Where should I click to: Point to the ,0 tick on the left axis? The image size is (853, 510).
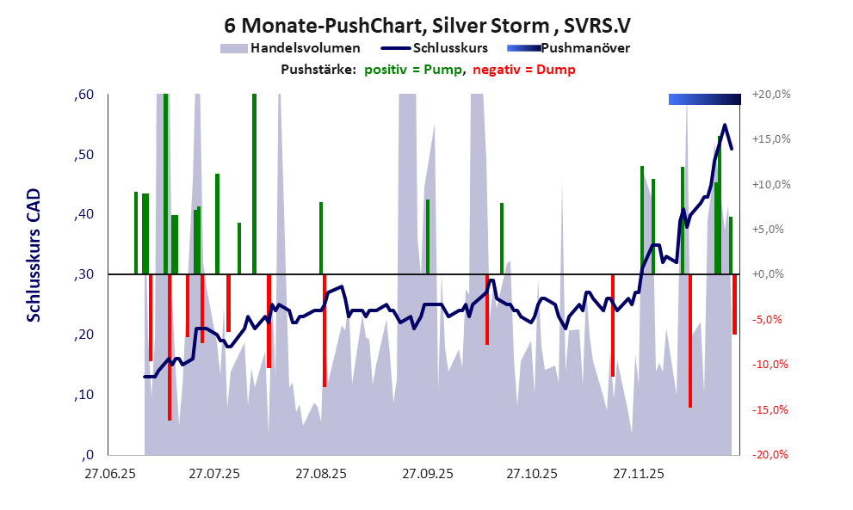click(x=88, y=455)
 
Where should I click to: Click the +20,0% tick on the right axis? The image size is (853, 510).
click(x=771, y=95)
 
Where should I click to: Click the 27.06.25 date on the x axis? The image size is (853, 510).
click(x=109, y=474)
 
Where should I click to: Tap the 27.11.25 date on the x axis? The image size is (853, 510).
click(x=637, y=474)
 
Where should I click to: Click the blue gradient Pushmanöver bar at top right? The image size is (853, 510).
click(x=704, y=99)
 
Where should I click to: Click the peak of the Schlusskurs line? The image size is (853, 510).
click(x=725, y=126)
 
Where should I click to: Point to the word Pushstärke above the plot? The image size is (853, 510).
click(x=318, y=70)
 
